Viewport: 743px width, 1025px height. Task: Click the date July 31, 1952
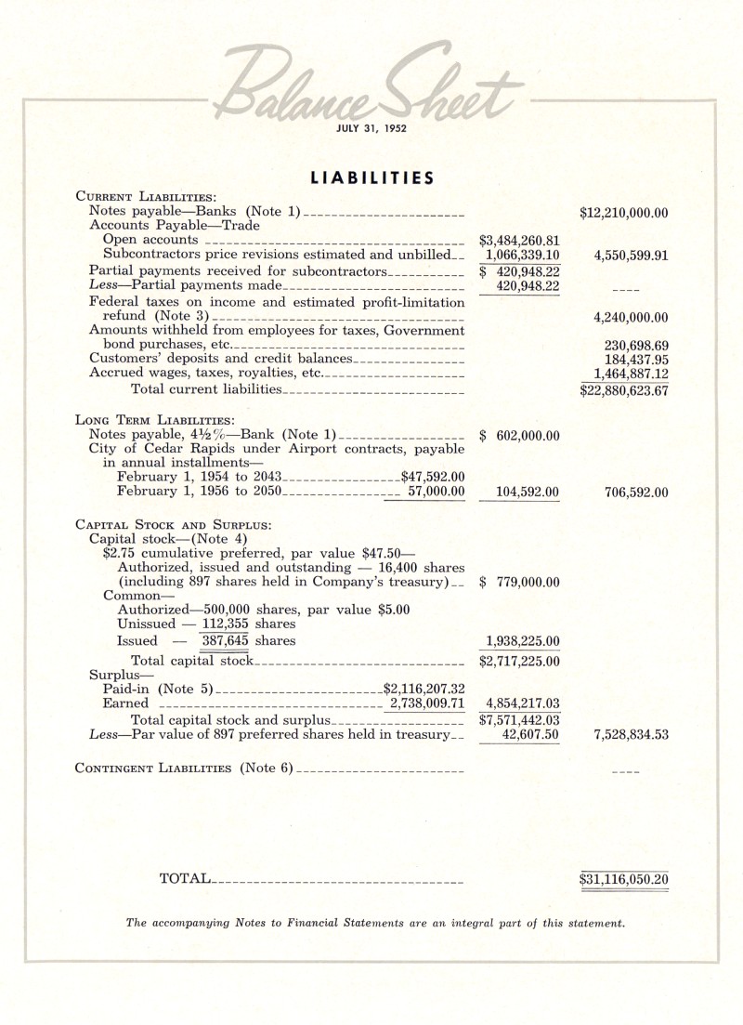[371, 129]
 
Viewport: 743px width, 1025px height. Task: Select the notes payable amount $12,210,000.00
[623, 213]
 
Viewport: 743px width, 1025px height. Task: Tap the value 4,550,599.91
[629, 255]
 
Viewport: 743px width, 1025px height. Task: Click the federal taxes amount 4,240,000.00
[630, 317]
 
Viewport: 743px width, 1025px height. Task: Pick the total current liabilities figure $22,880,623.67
[623, 390]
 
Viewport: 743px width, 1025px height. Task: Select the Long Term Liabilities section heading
[148, 420]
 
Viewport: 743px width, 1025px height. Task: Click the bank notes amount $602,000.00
[519, 435]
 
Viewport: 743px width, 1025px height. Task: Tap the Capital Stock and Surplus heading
[173, 524]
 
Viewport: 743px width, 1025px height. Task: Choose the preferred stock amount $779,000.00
[519, 583]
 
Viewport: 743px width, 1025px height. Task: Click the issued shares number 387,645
[228, 640]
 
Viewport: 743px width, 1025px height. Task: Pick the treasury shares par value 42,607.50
[528, 734]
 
